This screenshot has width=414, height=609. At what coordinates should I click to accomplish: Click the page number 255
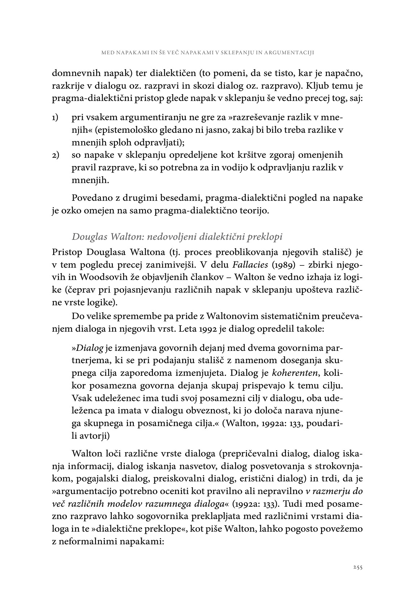(358, 567)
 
